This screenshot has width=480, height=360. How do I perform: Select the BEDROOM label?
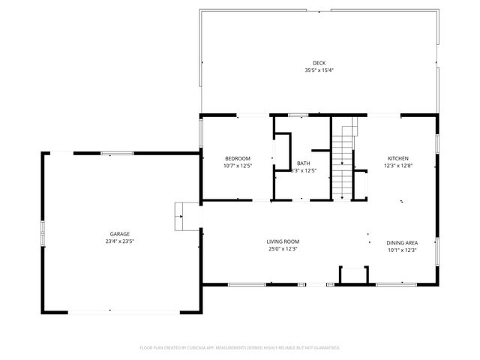[238, 158]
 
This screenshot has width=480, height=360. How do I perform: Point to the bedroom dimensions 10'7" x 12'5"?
[238, 166]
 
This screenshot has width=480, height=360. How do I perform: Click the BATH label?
[303, 163]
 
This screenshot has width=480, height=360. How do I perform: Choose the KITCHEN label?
[397, 158]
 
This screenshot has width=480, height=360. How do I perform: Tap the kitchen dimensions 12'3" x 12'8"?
[397, 166]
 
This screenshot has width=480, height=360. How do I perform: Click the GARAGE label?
[120, 234]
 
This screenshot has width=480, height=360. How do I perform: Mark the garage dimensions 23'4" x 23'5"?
[120, 241]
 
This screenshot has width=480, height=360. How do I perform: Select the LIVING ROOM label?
[283, 241]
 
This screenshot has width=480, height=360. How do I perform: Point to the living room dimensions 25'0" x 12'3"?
[283, 249]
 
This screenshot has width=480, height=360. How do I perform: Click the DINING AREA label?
[402, 242]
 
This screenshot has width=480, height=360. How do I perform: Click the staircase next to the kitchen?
[343, 161]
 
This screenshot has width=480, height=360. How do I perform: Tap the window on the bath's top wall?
[298, 115]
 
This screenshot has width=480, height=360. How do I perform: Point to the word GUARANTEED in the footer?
[325, 348]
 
